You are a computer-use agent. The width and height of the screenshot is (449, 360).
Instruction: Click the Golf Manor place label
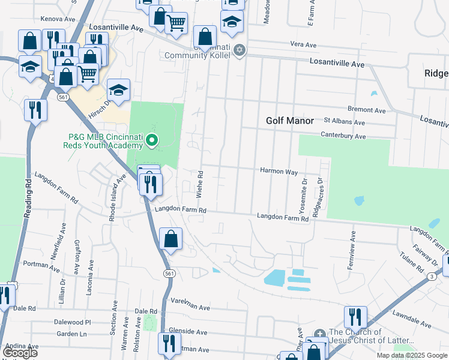(x=290, y=121)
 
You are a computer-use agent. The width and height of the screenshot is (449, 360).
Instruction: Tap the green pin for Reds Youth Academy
(x=152, y=141)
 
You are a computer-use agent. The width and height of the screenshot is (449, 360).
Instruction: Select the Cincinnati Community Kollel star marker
(x=240, y=50)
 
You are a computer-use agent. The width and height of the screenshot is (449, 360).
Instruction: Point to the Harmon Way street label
(x=279, y=172)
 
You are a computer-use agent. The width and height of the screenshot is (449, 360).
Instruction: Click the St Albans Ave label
(x=344, y=122)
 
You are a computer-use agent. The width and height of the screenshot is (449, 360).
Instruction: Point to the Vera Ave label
(x=303, y=45)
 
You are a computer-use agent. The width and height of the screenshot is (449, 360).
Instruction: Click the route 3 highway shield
(x=431, y=276)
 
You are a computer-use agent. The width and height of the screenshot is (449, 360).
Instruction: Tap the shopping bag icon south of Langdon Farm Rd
(x=171, y=239)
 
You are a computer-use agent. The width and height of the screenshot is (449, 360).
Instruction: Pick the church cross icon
(x=319, y=334)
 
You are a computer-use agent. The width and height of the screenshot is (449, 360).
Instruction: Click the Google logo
(x=20, y=353)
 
